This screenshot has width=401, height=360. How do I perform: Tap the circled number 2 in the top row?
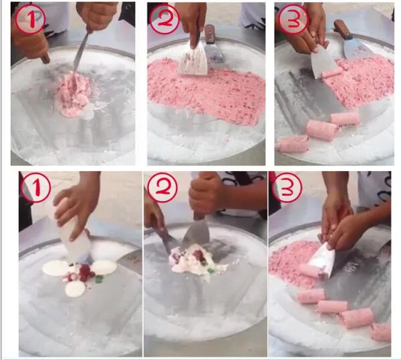coord(164,21)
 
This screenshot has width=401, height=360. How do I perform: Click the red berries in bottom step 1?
coord(84,272)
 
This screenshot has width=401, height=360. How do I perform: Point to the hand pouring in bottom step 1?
coord(77,204)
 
